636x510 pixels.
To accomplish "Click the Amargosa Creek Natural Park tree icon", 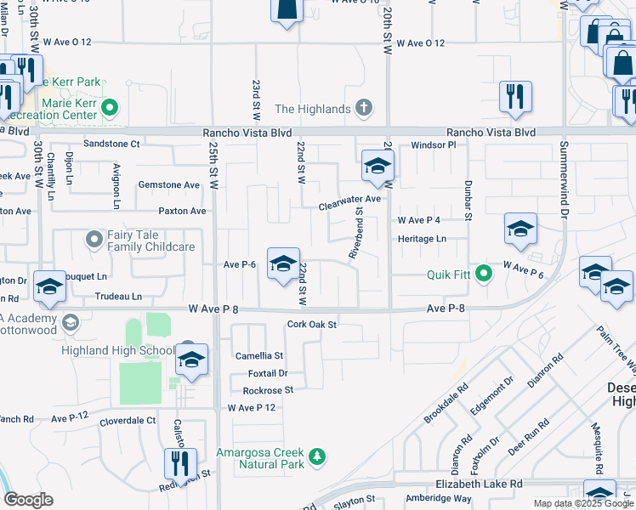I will (316, 457).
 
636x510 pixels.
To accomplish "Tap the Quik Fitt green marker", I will (484, 274).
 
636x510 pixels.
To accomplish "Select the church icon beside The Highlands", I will (364, 108).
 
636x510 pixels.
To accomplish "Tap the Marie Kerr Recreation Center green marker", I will (110, 108).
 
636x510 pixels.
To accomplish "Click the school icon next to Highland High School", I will (192, 360).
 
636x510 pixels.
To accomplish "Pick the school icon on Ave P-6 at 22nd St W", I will (283, 264).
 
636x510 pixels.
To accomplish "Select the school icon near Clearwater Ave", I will (376, 167).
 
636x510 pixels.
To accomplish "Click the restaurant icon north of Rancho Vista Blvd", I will (515, 97).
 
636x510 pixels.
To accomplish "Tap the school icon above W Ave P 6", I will (520, 229).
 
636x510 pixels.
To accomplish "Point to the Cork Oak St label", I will (312, 324).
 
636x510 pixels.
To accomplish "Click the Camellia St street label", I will (260, 356).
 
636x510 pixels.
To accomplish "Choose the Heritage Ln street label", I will (423, 240).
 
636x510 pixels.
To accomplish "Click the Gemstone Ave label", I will (168, 184).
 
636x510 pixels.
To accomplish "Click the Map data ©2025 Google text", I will (582, 503).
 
